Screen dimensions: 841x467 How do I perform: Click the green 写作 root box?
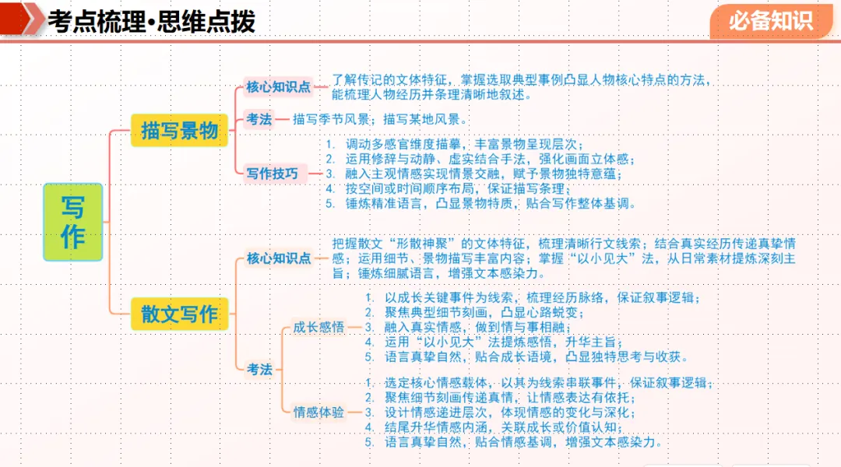tap(73, 222)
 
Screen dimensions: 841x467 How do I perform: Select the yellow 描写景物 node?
tap(179, 130)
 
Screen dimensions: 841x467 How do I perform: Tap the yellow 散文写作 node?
tap(179, 314)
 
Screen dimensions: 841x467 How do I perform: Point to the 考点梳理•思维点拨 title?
tap(151, 22)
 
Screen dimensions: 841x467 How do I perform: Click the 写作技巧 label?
tap(273, 174)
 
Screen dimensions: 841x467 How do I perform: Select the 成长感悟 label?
tap(318, 327)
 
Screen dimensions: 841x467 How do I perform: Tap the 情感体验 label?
tap(318, 412)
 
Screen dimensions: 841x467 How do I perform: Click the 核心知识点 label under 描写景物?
tap(279, 86)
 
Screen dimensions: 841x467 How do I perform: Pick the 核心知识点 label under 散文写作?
tap(279, 258)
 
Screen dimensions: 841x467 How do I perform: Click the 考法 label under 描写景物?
tap(259, 119)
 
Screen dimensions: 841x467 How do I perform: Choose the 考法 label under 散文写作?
tap(259, 369)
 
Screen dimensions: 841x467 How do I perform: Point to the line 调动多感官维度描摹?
tap(464, 144)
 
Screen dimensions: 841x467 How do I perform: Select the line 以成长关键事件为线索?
tap(537, 297)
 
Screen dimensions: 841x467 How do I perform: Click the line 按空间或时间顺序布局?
tap(459, 189)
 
